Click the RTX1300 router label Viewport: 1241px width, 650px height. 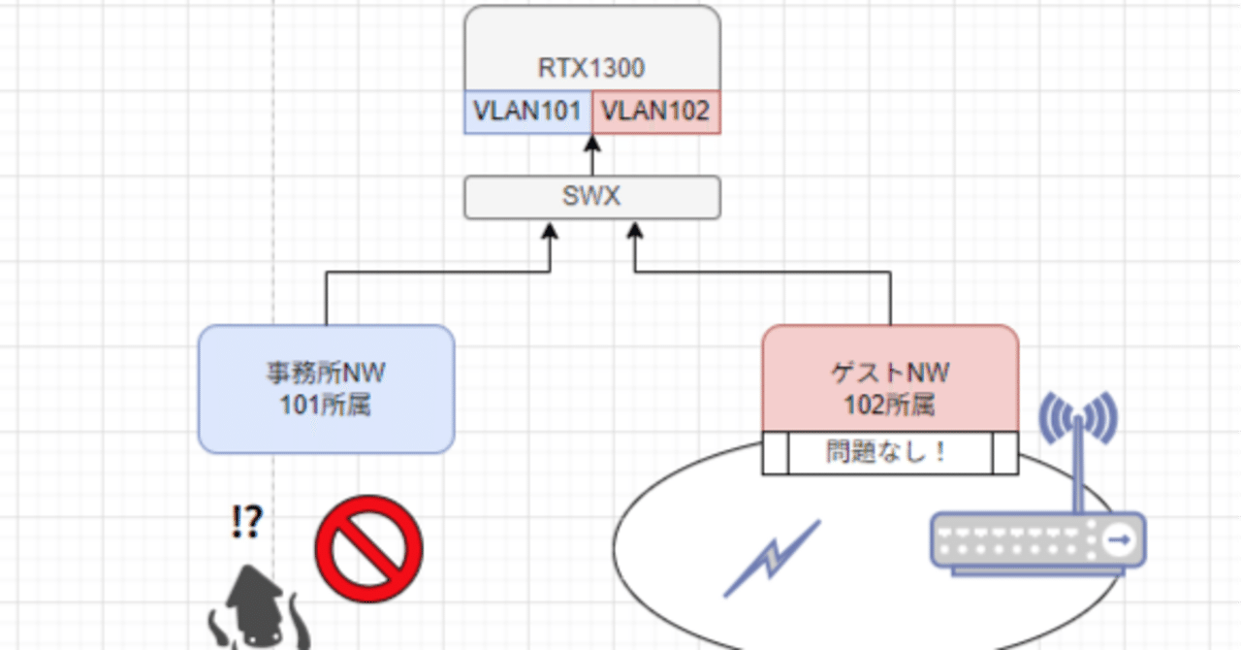pos(591,68)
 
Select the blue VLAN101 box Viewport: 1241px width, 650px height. pos(528,112)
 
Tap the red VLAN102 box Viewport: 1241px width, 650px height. pos(655,112)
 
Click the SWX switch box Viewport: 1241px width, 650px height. pos(591,197)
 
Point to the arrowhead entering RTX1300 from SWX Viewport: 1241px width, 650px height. pos(591,144)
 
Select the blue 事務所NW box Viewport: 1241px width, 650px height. pos(326,388)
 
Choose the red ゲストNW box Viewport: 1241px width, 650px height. pos(890,378)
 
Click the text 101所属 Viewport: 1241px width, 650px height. pos(326,405)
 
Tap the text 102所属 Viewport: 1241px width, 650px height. pos(890,405)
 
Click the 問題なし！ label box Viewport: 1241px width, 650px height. pos(890,452)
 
